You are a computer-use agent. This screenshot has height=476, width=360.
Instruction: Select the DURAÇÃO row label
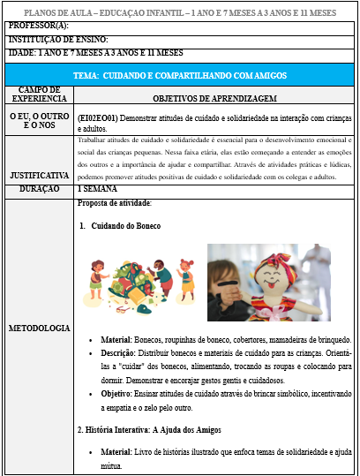tap(38, 189)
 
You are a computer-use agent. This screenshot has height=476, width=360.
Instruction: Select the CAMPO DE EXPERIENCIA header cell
tap(38, 94)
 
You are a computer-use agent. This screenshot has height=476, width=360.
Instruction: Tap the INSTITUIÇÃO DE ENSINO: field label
tap(57, 40)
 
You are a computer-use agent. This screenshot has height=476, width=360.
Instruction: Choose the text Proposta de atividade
tap(113, 203)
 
